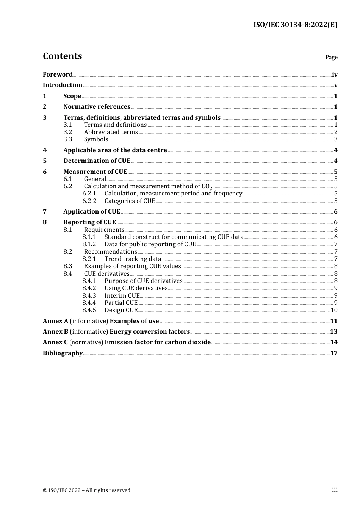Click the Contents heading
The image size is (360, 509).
coord(62,56)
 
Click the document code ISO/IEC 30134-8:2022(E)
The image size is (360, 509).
coord(295,25)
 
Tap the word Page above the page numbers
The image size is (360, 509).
coord(331,57)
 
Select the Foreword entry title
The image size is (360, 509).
coord(58,75)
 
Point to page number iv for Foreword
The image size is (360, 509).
coord(335,75)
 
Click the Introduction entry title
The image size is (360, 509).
coord(63,85)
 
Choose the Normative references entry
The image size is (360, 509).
coord(97,107)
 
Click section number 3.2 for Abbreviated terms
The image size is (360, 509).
coord(68,132)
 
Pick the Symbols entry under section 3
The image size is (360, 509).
coord(96,139)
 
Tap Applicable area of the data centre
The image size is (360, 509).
coord(115,150)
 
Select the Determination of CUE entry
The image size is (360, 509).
coord(97,161)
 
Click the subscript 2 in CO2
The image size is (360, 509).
coord(211,188)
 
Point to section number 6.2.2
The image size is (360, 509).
coord(89,201)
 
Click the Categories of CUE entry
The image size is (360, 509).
coord(130,201)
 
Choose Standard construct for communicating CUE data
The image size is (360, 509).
coord(174,237)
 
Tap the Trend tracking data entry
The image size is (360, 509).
coord(133,259)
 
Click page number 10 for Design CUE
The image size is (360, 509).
coord(334,310)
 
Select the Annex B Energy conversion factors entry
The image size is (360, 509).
coord(116,332)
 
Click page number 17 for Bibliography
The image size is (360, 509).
coord(334,353)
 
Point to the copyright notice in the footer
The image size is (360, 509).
coord(86,490)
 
